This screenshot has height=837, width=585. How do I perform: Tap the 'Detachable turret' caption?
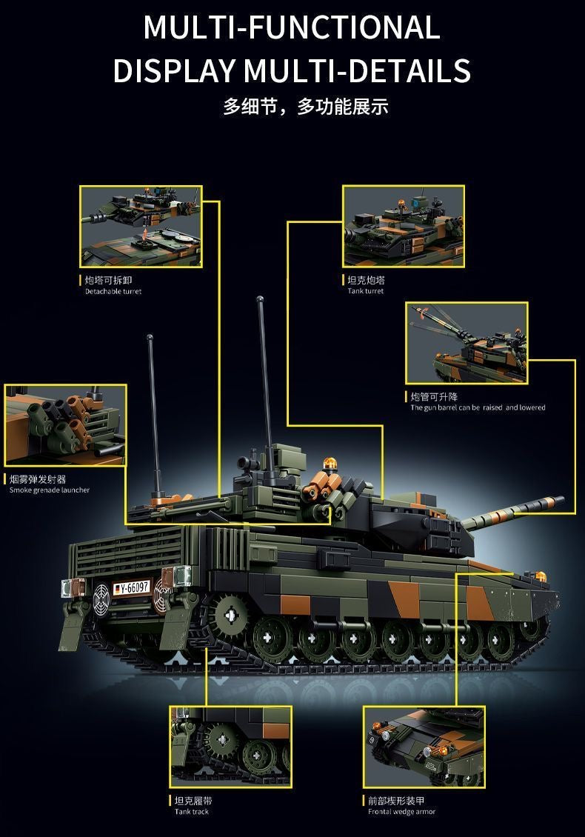tap(113, 291)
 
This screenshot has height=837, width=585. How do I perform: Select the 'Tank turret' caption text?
tap(366, 291)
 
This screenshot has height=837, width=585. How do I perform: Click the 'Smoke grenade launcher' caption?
tap(50, 490)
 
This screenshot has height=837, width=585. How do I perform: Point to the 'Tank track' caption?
tap(192, 812)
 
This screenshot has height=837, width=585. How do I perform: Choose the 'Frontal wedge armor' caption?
tap(401, 812)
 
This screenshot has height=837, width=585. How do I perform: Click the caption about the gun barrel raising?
tap(478, 407)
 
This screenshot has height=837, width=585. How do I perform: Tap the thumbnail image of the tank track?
tap(230, 747)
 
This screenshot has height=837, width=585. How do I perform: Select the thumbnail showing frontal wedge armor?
tap(424, 747)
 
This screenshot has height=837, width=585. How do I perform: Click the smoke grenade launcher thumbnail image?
tap(65, 424)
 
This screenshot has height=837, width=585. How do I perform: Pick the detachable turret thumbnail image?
tap(141, 226)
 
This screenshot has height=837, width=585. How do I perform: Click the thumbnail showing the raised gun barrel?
tap(467, 343)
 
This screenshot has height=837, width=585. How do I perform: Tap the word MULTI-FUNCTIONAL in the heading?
tap(292, 27)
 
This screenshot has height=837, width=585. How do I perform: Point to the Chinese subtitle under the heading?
tap(305, 107)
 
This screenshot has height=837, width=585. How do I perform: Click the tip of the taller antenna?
tap(260, 300)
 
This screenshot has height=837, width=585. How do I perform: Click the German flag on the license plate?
tap(118, 590)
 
